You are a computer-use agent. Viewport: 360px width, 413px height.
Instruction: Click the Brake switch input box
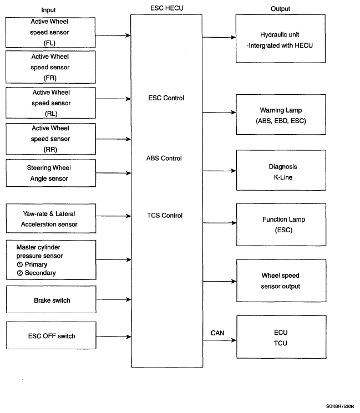(51, 299)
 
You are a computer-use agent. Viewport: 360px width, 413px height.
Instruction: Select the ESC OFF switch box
(51, 335)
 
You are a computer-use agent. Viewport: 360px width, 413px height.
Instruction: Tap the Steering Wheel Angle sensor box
(51, 173)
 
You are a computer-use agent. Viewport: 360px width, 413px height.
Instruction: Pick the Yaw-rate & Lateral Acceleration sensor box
(51, 218)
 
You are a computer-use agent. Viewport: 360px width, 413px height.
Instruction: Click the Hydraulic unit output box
(281, 39)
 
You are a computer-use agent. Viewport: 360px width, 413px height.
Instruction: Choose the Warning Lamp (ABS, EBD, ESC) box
(281, 115)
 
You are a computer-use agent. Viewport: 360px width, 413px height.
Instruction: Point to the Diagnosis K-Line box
(281, 170)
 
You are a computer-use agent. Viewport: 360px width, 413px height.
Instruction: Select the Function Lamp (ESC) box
(281, 225)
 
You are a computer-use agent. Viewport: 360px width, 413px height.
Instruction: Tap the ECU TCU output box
(281, 337)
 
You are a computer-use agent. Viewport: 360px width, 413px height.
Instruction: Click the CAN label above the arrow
(217, 333)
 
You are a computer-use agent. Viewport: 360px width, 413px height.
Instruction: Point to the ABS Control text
(164, 159)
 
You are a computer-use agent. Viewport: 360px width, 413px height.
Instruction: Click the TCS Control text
(165, 216)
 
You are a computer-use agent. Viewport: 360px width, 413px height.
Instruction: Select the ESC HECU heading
(167, 8)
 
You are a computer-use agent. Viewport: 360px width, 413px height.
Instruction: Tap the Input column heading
(48, 10)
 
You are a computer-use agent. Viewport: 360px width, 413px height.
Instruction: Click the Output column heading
(280, 9)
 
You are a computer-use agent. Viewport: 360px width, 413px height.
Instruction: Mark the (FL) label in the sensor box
(49, 43)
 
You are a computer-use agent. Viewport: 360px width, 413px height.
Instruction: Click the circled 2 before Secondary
(20, 273)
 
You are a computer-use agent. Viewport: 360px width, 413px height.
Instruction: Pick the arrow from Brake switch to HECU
(114, 299)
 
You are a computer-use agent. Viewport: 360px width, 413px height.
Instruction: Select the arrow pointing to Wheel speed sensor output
(220, 281)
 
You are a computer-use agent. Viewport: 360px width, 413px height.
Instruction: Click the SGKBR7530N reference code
(339, 406)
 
